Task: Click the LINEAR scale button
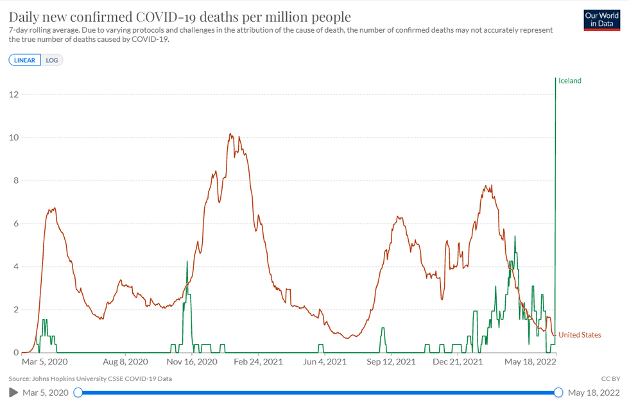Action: (x=25, y=60)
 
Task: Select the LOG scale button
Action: (x=52, y=60)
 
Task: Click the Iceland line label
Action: (x=569, y=81)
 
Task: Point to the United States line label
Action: (x=580, y=335)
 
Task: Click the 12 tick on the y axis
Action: (x=13, y=95)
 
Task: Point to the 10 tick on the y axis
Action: (x=13, y=138)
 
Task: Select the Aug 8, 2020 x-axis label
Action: (x=125, y=362)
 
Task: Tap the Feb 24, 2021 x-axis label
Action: (x=259, y=362)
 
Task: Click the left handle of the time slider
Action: (x=78, y=393)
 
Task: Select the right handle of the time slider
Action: (x=558, y=393)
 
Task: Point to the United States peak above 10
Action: (x=230, y=134)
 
